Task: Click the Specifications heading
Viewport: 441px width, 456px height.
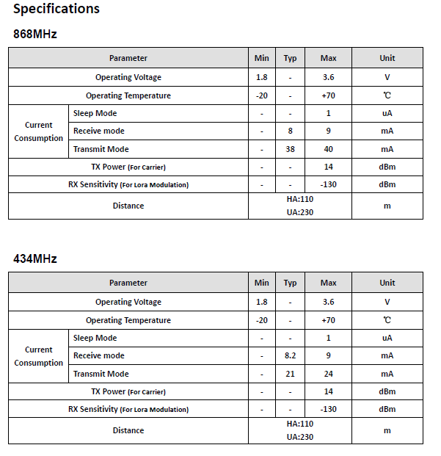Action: [57, 10]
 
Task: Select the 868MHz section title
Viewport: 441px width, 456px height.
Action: [35, 34]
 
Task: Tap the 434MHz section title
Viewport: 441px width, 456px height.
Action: [35, 258]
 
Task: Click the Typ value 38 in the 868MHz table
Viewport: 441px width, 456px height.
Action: [291, 149]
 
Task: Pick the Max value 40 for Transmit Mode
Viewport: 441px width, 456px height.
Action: [328, 149]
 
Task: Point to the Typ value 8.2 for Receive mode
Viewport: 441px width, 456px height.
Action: [291, 355]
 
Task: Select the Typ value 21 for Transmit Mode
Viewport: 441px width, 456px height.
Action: [291, 374]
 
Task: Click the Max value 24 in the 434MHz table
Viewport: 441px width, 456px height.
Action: [328, 374]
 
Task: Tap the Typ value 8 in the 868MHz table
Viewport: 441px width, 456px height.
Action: [291, 131]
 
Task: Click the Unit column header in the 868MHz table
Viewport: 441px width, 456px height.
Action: [387, 58]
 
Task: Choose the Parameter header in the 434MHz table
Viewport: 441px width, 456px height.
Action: [128, 283]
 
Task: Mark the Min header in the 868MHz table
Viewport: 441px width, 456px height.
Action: [262, 58]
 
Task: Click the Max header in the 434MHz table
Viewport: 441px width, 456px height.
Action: [328, 283]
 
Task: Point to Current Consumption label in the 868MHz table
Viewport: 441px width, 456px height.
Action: [39, 131]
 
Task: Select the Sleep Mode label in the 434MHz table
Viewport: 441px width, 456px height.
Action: [95, 338]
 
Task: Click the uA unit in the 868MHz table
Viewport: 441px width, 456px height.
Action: [387, 113]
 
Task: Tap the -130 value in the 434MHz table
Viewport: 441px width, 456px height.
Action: [328, 409]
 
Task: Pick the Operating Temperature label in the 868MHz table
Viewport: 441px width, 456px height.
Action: [128, 95]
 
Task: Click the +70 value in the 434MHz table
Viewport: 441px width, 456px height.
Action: [328, 320]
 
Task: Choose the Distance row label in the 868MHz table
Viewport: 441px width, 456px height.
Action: [128, 206]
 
